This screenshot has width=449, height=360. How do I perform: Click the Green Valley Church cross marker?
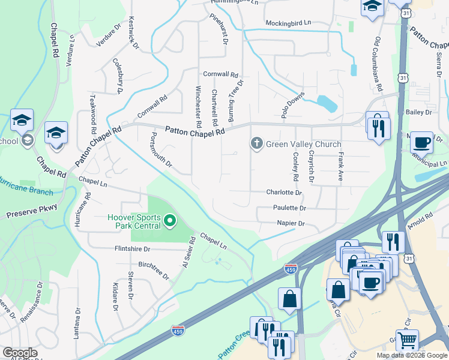256,144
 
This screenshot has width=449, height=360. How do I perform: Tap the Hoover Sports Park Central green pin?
169,221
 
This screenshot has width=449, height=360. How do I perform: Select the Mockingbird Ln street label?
289,22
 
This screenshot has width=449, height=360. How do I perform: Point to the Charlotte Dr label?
284,193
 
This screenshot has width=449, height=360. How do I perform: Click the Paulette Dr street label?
289,208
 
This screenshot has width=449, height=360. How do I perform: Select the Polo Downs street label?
293,104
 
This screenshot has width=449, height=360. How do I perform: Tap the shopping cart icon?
408,340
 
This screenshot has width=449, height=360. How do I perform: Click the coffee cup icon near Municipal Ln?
421,142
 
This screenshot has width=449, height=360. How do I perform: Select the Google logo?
20,353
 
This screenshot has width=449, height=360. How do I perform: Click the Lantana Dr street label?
77,325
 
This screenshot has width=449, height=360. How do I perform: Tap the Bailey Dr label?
419,112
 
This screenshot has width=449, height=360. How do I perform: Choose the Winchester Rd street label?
197,106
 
